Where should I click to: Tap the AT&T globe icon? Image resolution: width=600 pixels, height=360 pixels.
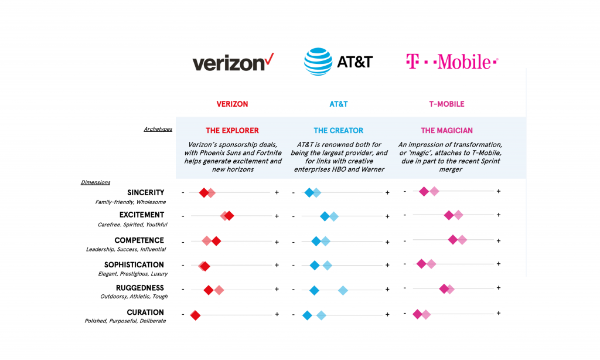click(318, 62)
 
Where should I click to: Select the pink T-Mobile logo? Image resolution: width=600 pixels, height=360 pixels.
click(452, 62)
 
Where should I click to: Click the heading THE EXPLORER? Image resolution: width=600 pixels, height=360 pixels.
click(232, 131)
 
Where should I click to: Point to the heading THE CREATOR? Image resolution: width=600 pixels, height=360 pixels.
click(338, 131)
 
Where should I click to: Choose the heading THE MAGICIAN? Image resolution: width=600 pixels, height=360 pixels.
click(446, 131)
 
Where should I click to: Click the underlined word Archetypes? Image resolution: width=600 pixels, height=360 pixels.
click(158, 129)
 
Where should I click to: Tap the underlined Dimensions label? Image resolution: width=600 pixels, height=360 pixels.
click(96, 182)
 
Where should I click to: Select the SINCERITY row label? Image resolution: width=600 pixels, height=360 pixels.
click(145, 192)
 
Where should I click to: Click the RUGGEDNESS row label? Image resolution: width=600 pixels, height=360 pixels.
click(139, 288)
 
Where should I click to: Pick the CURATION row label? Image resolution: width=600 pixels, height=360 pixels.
click(145, 313)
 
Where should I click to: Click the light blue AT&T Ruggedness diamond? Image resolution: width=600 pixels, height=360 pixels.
click(343, 290)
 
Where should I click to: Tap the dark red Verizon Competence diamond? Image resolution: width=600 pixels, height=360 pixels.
click(216, 241)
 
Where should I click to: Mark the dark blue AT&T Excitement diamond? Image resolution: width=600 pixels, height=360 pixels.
click(325, 216)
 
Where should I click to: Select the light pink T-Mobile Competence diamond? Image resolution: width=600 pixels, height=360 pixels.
click(462, 239)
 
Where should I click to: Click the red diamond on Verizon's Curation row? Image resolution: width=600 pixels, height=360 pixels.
click(195, 315)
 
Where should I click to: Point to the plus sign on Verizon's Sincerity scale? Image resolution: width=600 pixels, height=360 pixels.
click(277, 192)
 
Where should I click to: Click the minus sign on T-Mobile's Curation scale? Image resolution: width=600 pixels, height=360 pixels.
click(404, 313)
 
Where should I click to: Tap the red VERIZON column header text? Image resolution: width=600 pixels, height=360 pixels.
click(232, 104)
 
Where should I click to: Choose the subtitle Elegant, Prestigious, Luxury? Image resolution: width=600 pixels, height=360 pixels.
click(132, 274)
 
